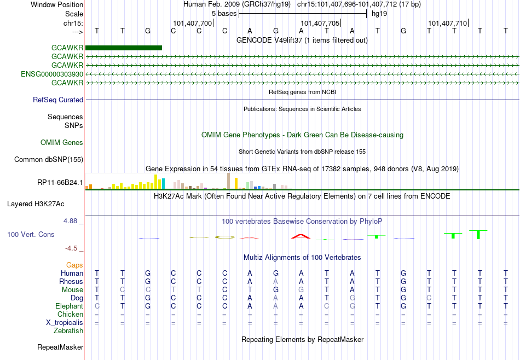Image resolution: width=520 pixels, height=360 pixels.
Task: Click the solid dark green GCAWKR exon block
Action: pyautogui.click(x=124, y=48)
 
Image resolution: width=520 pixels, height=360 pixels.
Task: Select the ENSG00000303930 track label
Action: pyautogui.click(x=52, y=74)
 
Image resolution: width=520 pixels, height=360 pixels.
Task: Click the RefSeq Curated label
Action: pyautogui.click(x=58, y=100)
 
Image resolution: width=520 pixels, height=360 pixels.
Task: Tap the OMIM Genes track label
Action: pyautogui.click(x=62, y=143)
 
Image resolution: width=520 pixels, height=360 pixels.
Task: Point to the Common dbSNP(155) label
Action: pyautogui.click(x=49, y=159)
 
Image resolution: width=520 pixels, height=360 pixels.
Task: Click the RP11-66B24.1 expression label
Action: pyautogui.click(x=60, y=182)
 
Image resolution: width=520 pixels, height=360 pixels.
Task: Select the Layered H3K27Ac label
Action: pyautogui.click(x=36, y=204)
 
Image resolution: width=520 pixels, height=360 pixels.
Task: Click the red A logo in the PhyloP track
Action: pyautogui.click(x=301, y=236)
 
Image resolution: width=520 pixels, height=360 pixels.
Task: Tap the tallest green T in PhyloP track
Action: pyautogui.click(x=478, y=234)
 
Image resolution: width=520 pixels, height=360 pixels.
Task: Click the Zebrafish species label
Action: pyautogui.click(x=68, y=330)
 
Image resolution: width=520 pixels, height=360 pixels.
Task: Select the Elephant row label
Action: pyautogui.click(x=70, y=306)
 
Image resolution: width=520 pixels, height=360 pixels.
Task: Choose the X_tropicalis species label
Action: pyautogui.click(x=65, y=323)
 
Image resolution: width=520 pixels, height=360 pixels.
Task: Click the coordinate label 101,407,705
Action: pyautogui.click(x=320, y=23)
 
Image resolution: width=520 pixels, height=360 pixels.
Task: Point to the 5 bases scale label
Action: pyautogui.click(x=224, y=14)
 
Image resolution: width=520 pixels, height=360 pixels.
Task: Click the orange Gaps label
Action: pyautogui.click(x=74, y=265)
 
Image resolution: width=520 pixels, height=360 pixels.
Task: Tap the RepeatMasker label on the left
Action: pyautogui.click(x=60, y=347)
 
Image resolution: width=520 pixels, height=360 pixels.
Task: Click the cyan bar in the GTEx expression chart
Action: pyautogui.click(x=163, y=184)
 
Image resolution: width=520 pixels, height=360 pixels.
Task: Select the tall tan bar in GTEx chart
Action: pyautogui.click(x=228, y=181)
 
